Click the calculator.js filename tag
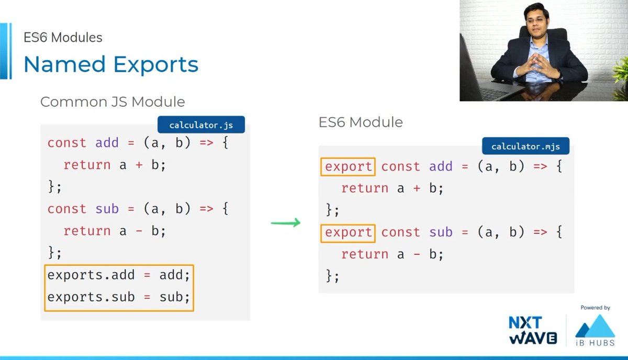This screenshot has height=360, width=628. click(x=201, y=126)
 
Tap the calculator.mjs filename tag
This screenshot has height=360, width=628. click(x=525, y=147)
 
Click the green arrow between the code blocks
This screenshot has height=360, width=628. click(x=286, y=223)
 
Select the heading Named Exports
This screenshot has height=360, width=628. click(x=111, y=64)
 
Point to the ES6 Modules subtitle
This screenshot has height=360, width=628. click(x=63, y=38)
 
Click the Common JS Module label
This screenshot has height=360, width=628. click(x=112, y=102)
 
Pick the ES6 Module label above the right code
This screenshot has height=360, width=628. click(x=361, y=122)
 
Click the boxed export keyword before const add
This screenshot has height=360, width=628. click(x=348, y=166)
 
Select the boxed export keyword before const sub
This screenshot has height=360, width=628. click(x=348, y=232)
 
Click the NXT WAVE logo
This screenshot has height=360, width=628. click(x=532, y=330)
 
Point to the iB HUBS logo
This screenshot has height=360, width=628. click(x=596, y=330)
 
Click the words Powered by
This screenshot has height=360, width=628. click(x=596, y=308)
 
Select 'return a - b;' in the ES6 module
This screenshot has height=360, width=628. click(x=392, y=254)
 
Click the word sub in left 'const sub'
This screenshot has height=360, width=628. click(x=107, y=209)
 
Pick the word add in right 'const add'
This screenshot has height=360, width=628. click(x=441, y=166)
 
